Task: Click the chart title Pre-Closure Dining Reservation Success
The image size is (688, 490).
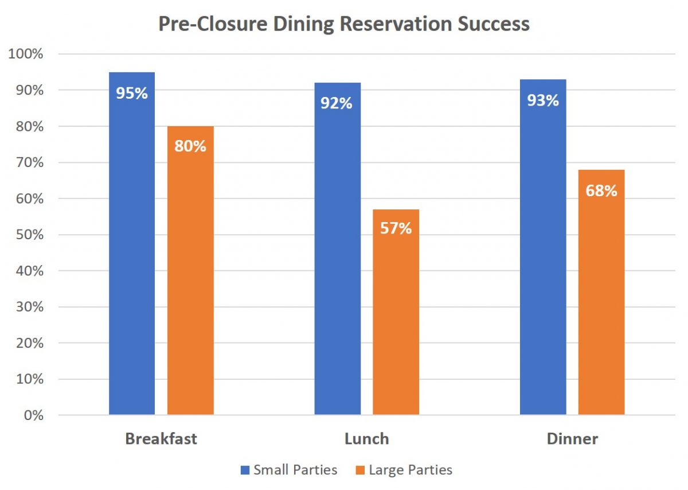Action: (x=344, y=25)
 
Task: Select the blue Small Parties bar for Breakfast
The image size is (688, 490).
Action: (x=132, y=258)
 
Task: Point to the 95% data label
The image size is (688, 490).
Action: (x=132, y=93)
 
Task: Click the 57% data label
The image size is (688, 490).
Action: (x=396, y=228)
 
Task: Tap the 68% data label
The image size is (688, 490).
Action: (x=601, y=190)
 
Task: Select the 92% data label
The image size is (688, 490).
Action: (x=337, y=103)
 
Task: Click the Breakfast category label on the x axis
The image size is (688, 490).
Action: (x=161, y=439)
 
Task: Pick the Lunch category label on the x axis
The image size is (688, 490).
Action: (x=366, y=439)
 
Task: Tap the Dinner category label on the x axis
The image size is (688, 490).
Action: (x=572, y=439)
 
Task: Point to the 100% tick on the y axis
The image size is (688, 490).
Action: (x=25, y=54)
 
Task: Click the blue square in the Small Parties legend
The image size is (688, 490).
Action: (x=245, y=470)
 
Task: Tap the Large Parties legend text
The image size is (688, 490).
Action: (x=411, y=470)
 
